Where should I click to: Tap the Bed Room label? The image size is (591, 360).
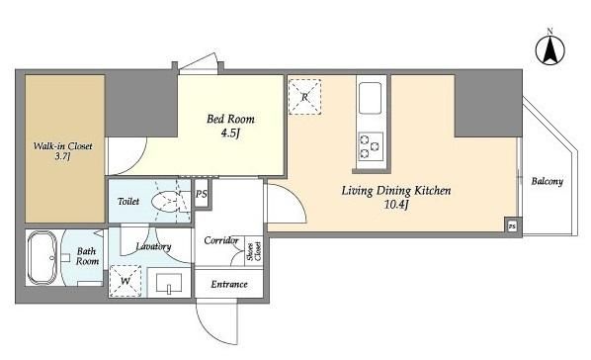point(230,120)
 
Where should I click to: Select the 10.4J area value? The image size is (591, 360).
point(396,205)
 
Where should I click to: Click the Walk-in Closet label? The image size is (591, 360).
point(62,146)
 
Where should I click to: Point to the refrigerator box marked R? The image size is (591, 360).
point(304,97)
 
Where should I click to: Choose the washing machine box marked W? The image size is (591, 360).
point(126,281)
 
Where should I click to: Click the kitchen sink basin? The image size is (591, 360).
point(371,98)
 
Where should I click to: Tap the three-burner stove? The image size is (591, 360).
point(371,146)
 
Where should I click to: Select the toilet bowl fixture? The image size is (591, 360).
point(167,202)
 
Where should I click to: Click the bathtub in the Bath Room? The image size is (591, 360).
point(42,258)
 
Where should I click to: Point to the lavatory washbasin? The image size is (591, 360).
point(169,283)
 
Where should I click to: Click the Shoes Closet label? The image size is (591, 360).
point(254,251)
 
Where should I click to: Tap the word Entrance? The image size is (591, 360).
point(229,284)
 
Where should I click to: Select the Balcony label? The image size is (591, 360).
point(547,182)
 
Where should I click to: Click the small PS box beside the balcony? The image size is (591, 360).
point(512,226)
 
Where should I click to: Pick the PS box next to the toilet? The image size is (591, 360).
point(202,194)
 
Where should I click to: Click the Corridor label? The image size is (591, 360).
point(221,240)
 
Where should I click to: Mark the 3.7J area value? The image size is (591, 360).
point(62,156)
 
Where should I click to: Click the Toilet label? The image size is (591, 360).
point(128,201)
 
